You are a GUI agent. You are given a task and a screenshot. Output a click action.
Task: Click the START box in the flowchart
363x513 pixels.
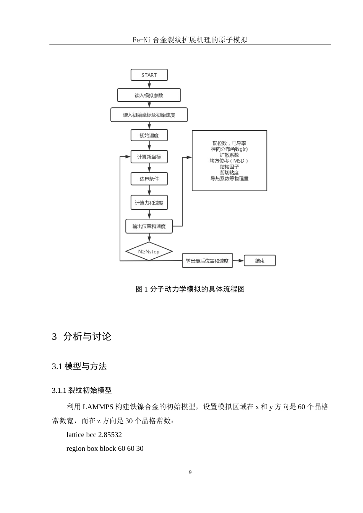click(x=149, y=75)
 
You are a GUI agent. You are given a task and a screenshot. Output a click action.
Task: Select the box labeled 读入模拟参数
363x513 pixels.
click(x=149, y=95)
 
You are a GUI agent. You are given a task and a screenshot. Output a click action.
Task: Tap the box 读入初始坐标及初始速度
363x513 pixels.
click(x=149, y=115)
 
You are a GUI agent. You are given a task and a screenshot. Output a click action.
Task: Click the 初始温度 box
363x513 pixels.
click(x=149, y=135)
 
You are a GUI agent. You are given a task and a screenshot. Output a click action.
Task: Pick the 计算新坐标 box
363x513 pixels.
click(x=149, y=156)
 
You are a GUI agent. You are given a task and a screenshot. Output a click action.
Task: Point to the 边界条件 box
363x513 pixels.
click(x=149, y=179)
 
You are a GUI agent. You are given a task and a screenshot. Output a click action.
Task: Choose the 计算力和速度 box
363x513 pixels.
click(x=149, y=203)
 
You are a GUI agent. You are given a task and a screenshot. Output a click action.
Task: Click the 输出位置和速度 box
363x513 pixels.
click(x=149, y=226)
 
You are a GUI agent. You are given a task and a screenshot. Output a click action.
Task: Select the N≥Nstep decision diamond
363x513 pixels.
click(x=149, y=251)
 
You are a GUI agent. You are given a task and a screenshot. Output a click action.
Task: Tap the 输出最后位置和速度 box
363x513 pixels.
click(x=207, y=261)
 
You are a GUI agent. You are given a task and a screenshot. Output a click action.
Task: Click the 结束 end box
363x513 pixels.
click(x=259, y=261)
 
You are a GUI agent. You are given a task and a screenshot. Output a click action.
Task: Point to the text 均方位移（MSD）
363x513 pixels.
click(x=229, y=161)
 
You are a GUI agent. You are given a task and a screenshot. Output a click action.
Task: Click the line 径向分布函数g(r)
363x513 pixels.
click(x=229, y=149)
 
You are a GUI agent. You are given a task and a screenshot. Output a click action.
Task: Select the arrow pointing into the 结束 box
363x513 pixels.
click(x=238, y=261)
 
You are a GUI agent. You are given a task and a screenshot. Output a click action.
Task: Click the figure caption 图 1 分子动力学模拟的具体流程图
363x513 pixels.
click(x=190, y=289)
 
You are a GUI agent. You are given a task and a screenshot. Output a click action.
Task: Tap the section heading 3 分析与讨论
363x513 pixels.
click(x=82, y=336)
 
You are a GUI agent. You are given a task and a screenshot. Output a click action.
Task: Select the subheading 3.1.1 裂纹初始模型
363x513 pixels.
click(x=82, y=390)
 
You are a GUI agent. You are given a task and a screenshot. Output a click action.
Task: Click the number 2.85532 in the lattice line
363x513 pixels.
click(x=110, y=434)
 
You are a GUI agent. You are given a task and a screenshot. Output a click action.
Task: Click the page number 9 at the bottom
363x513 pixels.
click(x=190, y=472)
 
